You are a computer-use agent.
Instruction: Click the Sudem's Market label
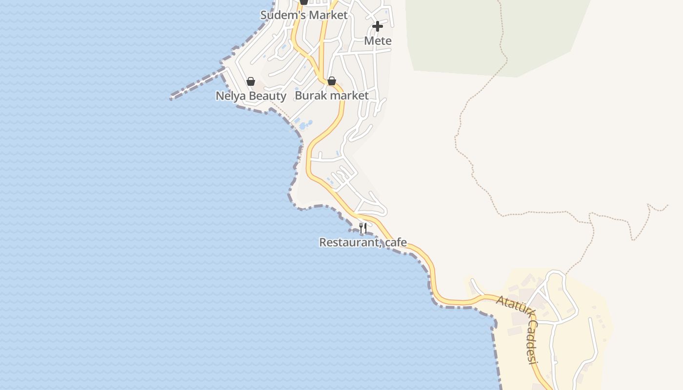304,15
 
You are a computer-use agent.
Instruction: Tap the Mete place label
378,41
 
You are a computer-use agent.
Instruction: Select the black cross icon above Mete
378,26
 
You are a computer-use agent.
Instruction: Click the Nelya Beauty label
251,96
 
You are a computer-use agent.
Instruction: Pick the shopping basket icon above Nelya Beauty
251,81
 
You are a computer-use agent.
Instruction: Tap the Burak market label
332,96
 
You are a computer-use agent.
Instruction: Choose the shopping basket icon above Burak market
332,81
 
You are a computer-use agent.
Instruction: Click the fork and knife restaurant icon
363,228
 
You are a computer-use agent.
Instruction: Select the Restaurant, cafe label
363,242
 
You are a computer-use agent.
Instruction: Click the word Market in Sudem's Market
328,15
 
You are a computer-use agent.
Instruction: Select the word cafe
396,242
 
